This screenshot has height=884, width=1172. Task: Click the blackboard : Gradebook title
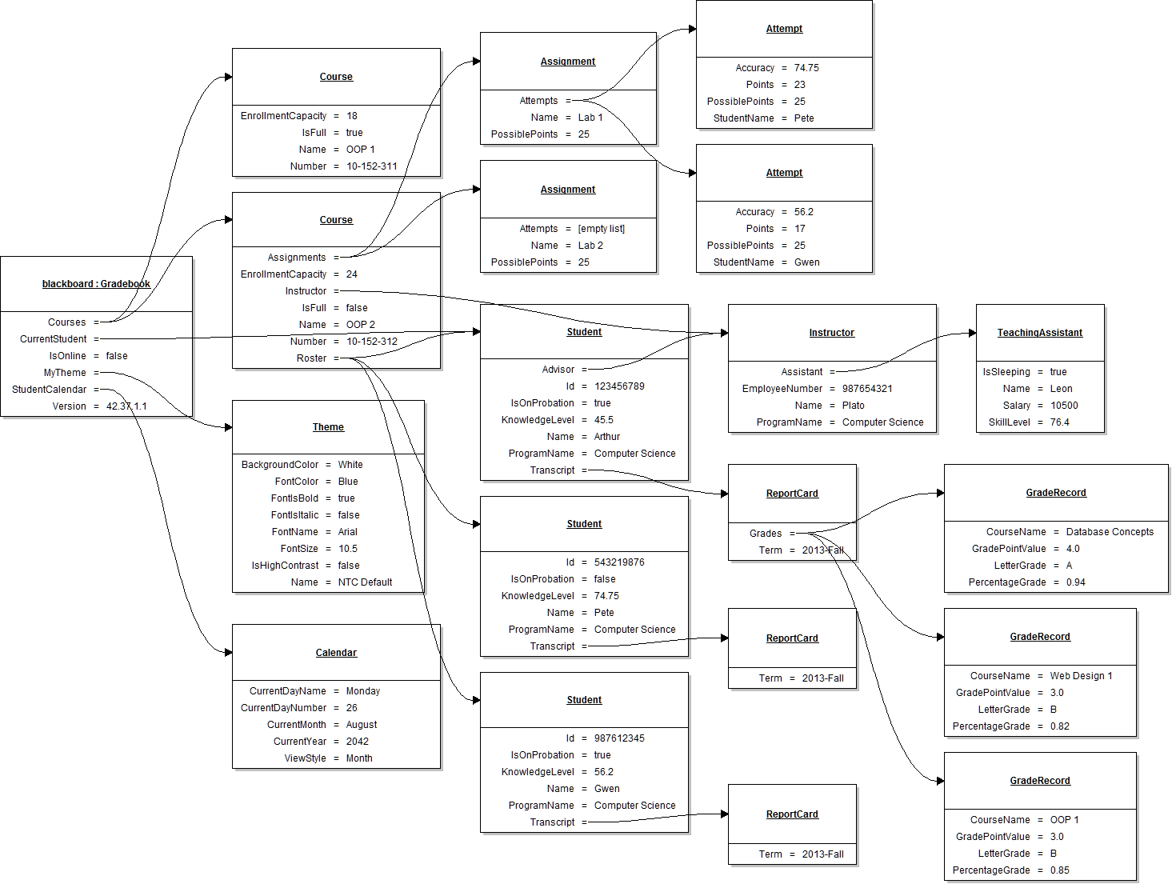click(96, 284)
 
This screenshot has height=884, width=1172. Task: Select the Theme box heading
click(328, 427)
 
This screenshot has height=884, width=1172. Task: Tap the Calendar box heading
click(336, 653)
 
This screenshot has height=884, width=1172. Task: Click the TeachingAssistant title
click(1039, 333)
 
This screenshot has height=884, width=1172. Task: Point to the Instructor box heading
click(831, 333)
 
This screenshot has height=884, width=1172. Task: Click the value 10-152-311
click(371, 166)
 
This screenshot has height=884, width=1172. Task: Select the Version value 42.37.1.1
click(126, 406)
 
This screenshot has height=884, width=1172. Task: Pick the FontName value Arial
click(347, 532)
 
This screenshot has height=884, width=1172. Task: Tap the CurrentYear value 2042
click(357, 742)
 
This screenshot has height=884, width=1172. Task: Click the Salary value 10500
click(1063, 406)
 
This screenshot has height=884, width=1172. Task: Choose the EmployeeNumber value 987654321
click(866, 389)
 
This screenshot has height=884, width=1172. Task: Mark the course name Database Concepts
click(1109, 532)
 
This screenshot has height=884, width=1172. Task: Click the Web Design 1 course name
click(1081, 676)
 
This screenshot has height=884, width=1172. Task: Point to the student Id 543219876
click(618, 562)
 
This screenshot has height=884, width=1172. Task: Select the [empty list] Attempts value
click(601, 229)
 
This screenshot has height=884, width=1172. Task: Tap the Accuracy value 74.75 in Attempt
click(806, 68)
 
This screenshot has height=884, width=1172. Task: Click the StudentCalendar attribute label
click(49, 390)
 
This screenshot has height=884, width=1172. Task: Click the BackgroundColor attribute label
click(279, 465)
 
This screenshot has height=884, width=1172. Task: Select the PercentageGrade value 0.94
click(1075, 582)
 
